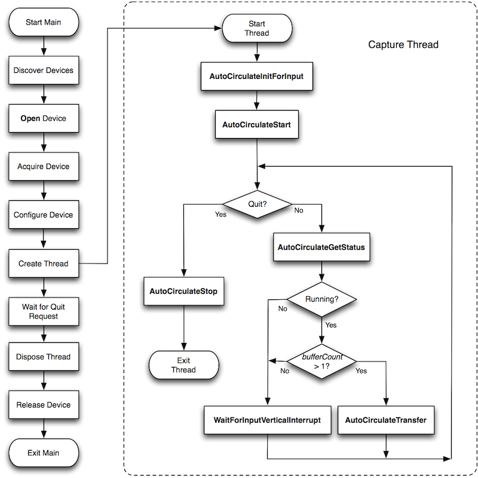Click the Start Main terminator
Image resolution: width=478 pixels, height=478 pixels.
pyautogui.click(x=43, y=23)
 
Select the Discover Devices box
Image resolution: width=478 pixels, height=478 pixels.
pyautogui.click(x=43, y=71)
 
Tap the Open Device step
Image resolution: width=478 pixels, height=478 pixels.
pyautogui.click(x=43, y=118)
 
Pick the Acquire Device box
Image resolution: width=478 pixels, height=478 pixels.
pyautogui.click(x=43, y=166)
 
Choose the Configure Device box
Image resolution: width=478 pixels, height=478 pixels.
pyautogui.click(x=43, y=215)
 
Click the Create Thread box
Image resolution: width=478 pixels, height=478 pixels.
pyautogui.click(x=43, y=263)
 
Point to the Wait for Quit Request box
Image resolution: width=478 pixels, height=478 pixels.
pyautogui.click(x=43, y=311)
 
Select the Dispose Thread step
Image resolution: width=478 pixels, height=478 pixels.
pyautogui.click(x=43, y=357)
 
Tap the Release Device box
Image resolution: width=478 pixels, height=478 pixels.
pyautogui.click(x=43, y=405)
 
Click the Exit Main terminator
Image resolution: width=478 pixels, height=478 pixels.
pyautogui.click(x=43, y=452)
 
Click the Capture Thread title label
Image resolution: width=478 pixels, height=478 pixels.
pyautogui.click(x=403, y=45)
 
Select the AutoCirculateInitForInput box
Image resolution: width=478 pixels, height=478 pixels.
pyautogui.click(x=257, y=77)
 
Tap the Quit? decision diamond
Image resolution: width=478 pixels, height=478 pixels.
pyautogui.click(x=257, y=204)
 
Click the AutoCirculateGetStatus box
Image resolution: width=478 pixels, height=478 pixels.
pyautogui.click(x=321, y=246)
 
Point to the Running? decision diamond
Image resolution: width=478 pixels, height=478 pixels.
pyautogui.click(x=321, y=299)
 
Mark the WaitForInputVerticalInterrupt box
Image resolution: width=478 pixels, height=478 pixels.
pyautogui.click(x=267, y=420)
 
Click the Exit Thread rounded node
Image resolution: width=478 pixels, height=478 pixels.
pyautogui.click(x=183, y=365)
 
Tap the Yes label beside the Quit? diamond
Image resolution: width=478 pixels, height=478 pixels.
pyautogui.click(x=220, y=214)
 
